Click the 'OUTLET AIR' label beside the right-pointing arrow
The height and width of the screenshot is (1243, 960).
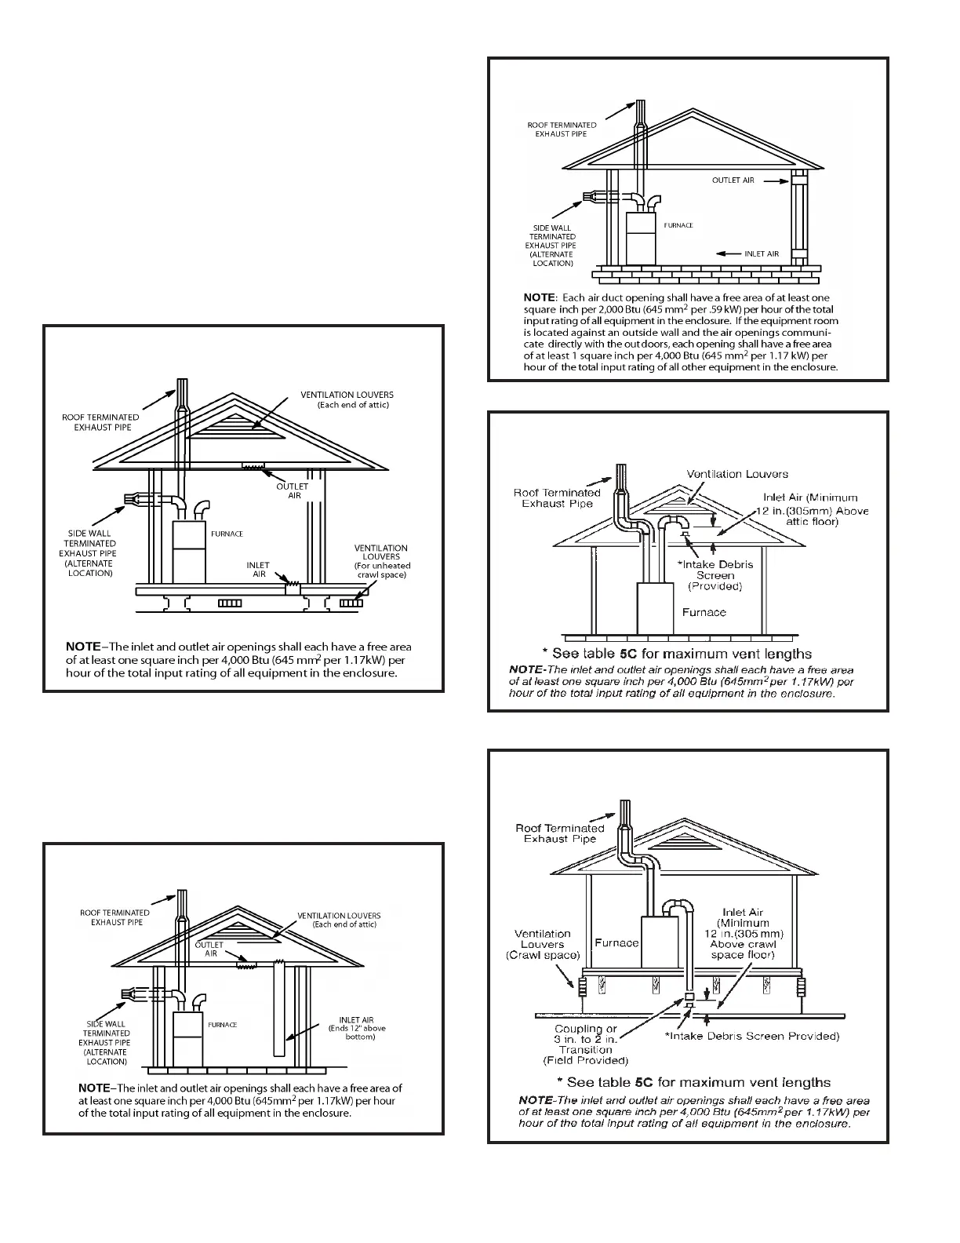733,180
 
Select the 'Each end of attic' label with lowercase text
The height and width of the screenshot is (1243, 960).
353,405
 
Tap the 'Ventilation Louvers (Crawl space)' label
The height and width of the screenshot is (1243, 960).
542,944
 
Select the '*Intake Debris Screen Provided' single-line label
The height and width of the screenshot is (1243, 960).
752,1036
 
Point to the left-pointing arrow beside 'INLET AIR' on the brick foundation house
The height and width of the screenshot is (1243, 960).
728,254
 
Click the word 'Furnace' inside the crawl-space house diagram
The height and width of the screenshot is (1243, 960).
616,942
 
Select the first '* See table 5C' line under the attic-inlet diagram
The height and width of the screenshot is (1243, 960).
677,654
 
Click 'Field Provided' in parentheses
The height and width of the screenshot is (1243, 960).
586,1061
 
